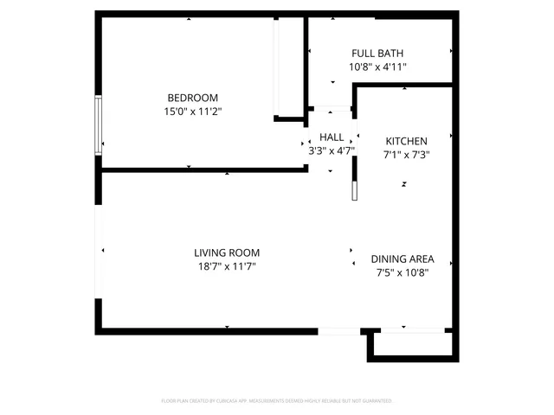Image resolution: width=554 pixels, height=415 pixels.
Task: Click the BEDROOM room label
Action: pyautogui.click(x=192, y=98)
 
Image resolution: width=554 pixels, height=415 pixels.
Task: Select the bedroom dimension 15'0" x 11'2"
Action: pyautogui.click(x=192, y=112)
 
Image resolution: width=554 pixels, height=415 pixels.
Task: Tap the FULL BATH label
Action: pyautogui.click(x=377, y=53)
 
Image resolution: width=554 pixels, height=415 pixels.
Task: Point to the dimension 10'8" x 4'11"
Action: pyautogui.click(x=377, y=67)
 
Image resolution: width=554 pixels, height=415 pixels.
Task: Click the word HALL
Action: pyautogui.click(x=332, y=137)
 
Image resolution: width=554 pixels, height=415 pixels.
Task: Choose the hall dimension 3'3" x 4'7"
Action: pyautogui.click(x=332, y=150)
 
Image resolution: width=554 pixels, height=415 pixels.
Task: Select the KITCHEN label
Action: pyautogui.click(x=406, y=142)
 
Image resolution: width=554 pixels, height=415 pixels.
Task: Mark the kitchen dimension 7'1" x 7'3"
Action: pyautogui.click(x=406, y=156)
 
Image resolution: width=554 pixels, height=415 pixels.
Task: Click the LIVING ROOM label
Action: pyautogui.click(x=227, y=253)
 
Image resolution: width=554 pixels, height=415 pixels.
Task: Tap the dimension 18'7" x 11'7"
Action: pyautogui.click(x=227, y=267)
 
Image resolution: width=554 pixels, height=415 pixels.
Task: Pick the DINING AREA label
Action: pyautogui.click(x=403, y=259)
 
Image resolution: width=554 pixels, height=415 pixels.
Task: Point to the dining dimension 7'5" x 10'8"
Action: pyautogui.click(x=403, y=273)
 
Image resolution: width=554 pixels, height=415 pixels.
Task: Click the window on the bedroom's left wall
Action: pyautogui.click(x=99, y=125)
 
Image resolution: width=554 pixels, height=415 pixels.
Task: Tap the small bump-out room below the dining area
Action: pyautogui.click(x=410, y=344)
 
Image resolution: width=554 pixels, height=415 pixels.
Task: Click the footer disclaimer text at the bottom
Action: pyautogui.click(x=277, y=401)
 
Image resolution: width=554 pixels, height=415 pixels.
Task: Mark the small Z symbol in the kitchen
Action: pyautogui.click(x=403, y=184)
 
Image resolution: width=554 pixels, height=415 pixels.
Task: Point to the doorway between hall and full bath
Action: pyautogui.click(x=331, y=109)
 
